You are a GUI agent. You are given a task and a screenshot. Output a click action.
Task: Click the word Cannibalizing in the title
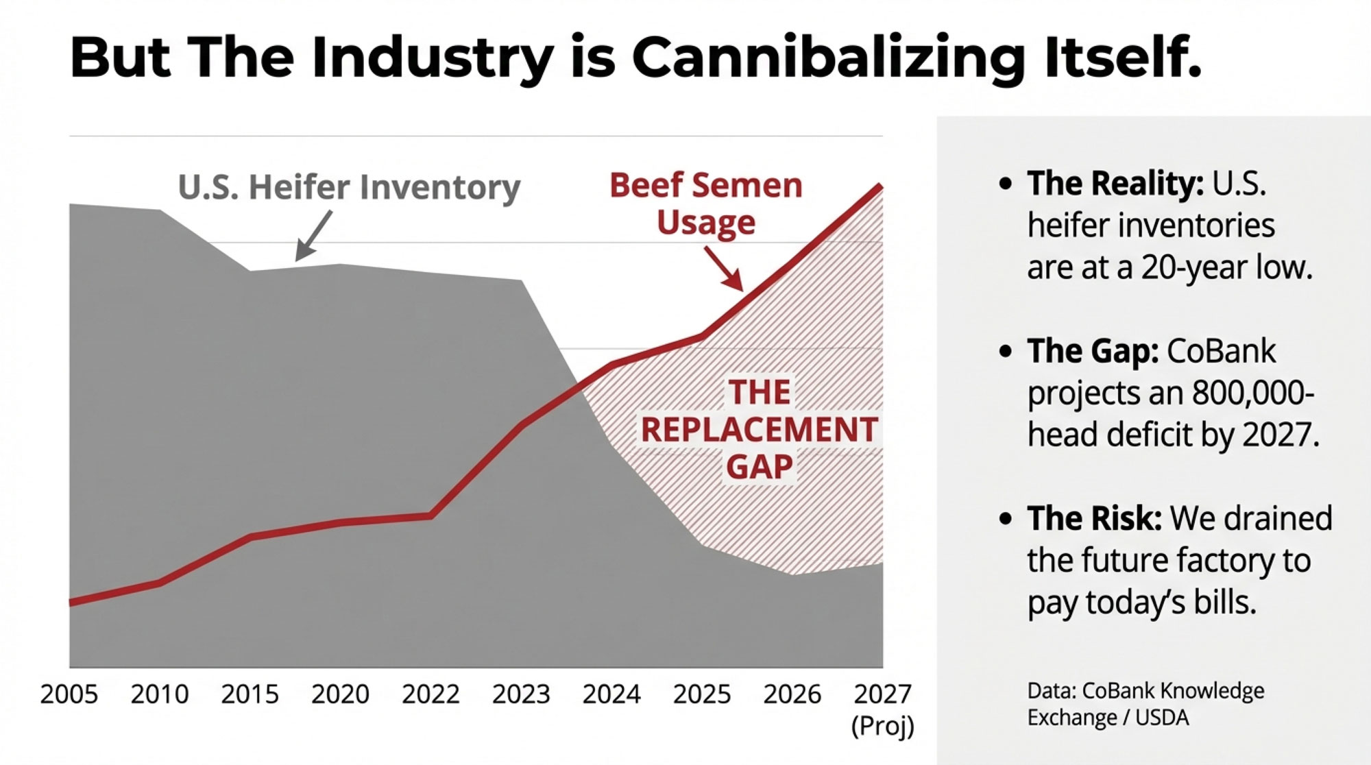point(828,58)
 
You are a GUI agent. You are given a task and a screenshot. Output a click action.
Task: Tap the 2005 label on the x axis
point(69,694)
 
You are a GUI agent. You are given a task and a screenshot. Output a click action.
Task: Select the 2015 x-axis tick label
point(250,694)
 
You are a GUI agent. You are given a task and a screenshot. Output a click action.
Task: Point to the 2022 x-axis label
point(430,694)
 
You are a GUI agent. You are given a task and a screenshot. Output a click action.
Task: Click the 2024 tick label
point(611,694)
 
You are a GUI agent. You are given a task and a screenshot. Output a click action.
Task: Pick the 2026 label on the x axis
point(792,694)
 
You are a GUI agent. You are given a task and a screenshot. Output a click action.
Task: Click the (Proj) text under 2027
point(882,725)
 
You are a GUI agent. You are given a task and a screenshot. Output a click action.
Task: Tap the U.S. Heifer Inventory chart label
point(349,187)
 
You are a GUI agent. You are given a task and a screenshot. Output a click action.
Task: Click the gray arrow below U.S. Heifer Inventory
point(313,235)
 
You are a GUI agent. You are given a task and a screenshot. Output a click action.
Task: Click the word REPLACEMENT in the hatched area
point(759,430)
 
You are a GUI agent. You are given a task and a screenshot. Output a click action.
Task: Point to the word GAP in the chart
point(759,467)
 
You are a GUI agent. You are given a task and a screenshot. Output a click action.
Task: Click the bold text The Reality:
point(1115,184)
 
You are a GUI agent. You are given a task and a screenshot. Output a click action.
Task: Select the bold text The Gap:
point(1092,352)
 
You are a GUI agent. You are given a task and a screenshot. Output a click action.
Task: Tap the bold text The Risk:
point(1094,518)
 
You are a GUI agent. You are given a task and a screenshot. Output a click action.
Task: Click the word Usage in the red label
point(706,223)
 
